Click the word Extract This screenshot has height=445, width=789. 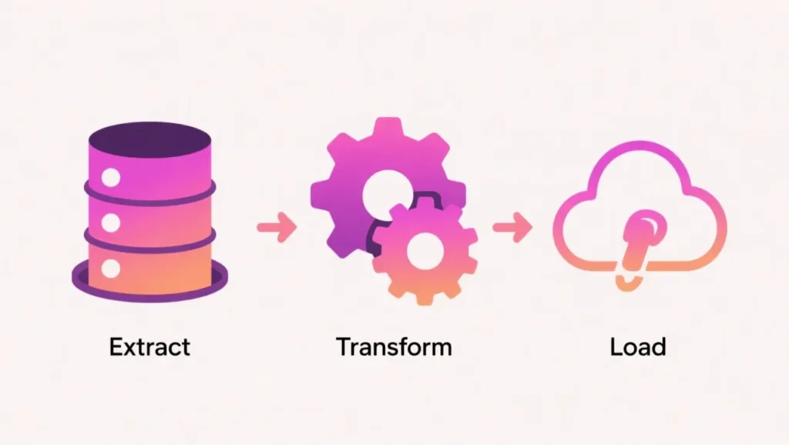[149, 346]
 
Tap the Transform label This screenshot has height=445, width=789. [394, 346]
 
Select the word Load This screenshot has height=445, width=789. [637, 346]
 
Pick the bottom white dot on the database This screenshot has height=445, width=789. [111, 269]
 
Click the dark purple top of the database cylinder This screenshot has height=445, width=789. [149, 142]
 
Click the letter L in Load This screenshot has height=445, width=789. [616, 346]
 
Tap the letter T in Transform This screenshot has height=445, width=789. [343, 346]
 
